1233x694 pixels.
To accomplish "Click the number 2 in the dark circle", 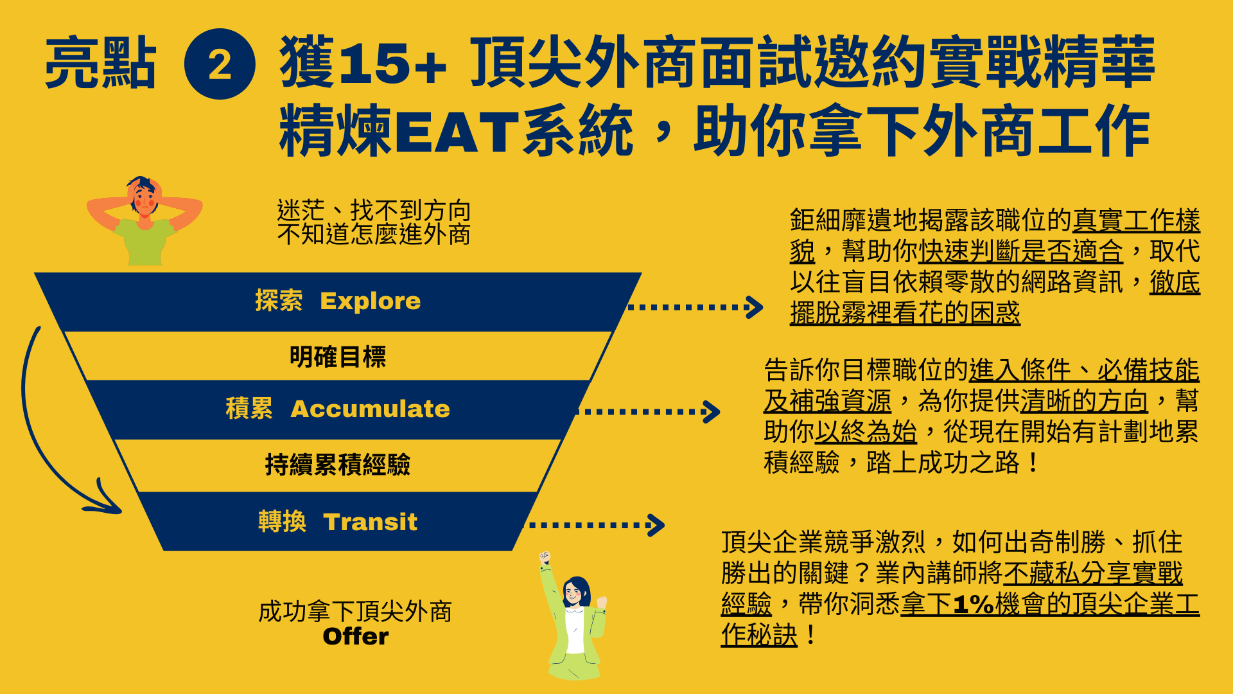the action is pos(220,65).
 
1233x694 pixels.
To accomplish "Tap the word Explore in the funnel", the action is pos(371,301).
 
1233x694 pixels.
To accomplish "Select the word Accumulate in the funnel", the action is pos(371,409).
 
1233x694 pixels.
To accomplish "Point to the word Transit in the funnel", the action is pos(371,522).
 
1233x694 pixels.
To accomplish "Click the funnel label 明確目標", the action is pos(338,357).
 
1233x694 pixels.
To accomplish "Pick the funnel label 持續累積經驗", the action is pos(338,464).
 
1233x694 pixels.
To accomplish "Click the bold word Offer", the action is pos(356,636).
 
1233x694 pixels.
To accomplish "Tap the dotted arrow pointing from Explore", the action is pos(695,307).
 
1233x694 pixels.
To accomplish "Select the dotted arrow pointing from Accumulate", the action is pos(649,412).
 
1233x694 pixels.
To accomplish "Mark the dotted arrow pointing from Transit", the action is pos(595,525).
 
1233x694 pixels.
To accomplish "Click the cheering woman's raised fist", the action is pos(545,557).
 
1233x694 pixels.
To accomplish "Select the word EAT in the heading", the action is pos(457,132).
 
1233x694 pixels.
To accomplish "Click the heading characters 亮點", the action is pos(101,62).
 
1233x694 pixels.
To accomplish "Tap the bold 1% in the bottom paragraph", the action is pos(974,604).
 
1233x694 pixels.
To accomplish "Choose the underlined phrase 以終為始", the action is pos(866,431).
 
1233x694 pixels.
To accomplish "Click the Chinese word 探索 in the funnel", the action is pos(279,300).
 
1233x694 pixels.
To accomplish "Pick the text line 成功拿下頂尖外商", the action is pos(355,611).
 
